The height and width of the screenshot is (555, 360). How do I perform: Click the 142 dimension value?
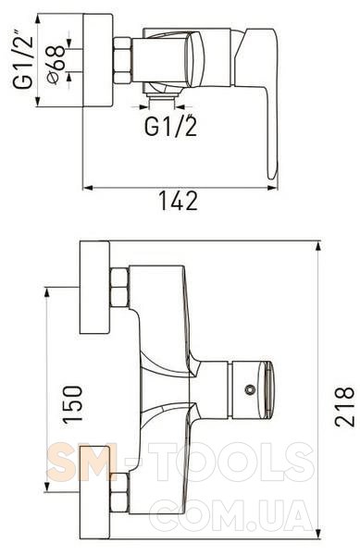pos(178,201)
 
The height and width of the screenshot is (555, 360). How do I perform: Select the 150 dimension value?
pos(72,404)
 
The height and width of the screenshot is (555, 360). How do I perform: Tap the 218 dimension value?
pos(344,406)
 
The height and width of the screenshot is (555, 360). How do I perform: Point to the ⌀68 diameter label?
pos(56,65)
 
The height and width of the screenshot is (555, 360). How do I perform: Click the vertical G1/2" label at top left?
pos(24,59)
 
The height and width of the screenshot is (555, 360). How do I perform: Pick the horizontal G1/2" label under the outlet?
pos(170,125)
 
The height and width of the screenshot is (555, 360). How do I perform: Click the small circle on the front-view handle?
pos(250,389)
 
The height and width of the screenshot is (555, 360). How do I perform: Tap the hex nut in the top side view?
pos(122,60)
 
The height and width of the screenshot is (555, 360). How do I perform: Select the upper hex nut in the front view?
pos(118,288)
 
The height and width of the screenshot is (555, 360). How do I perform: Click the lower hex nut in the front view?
pos(118,493)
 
